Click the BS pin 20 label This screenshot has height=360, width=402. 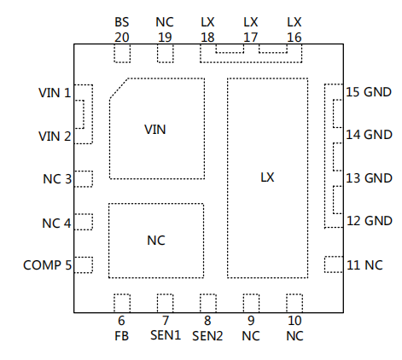coord(122,30)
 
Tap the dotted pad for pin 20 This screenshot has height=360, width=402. coord(122,53)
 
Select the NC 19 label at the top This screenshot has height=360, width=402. coord(165,30)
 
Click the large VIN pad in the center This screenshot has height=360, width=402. coord(157,129)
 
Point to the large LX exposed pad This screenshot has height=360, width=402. coord(267,177)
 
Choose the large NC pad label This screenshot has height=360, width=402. coord(156,241)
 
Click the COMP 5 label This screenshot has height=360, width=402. coord(47,265)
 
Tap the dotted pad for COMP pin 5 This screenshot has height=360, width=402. coord(84,265)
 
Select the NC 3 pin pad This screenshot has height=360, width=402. coord(84,179)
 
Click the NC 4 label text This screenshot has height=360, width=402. coord(56,224)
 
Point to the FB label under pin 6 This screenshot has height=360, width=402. coord(121,336)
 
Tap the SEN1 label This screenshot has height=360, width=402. coord(166,335)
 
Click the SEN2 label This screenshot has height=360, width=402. coord(207,336)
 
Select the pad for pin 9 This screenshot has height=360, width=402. coord(251,304)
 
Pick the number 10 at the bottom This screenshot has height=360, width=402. coord(294,321)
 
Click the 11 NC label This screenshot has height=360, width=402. coord(364,265)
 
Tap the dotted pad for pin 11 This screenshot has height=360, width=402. coord(334,264)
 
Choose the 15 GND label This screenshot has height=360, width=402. coord(369,92)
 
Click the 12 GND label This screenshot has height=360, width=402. coord(370,221)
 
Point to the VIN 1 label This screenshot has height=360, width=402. coord(55,93)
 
